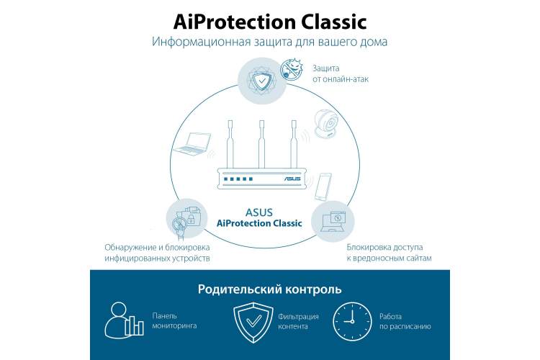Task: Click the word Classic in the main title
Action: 333,22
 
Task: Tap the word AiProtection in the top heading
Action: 235,22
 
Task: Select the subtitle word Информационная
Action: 201,42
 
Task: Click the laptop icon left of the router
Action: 192,144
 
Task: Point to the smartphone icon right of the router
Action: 323,186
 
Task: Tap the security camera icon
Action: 326,124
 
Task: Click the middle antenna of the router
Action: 262,144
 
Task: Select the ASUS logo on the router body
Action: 292,179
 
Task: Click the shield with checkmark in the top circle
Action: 262,81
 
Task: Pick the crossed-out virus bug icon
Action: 292,69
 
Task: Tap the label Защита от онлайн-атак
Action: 341,73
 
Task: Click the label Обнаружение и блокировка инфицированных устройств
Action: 157,253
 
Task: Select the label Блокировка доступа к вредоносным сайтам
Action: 389,253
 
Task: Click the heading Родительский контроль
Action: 270,289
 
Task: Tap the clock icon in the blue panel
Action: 352,321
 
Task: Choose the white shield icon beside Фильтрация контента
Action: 253,323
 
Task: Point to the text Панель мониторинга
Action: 174,320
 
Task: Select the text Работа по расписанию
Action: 405,321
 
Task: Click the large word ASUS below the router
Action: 259,212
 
